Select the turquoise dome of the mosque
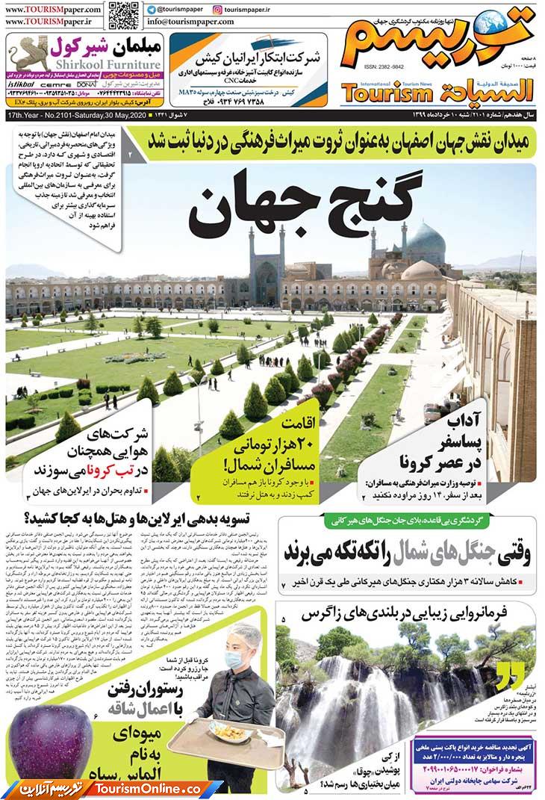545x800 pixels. [426, 243]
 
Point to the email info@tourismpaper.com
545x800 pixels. [190, 22]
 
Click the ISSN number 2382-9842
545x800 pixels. [384, 66]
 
